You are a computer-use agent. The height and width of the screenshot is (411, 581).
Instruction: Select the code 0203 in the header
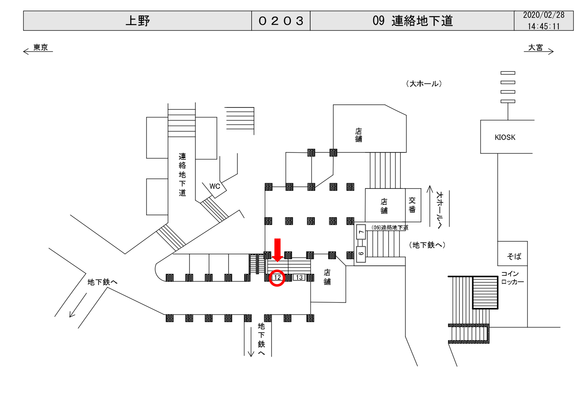[281, 21]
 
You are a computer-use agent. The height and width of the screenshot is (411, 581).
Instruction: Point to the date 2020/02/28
[544, 15]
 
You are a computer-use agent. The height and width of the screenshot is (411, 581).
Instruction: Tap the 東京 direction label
[40, 47]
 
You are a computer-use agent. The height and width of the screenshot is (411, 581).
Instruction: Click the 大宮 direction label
[535, 47]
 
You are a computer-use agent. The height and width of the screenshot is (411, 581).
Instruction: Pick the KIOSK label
[505, 137]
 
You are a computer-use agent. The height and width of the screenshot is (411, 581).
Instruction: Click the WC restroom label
[215, 186]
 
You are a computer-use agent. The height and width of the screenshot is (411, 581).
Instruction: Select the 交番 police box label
[412, 205]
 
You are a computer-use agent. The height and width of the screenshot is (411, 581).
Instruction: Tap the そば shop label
[514, 256]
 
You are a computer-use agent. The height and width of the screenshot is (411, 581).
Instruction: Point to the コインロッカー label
[512, 278]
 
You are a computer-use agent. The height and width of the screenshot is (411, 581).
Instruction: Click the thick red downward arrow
[278, 250]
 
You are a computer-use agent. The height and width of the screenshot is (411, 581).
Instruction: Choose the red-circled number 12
[277, 278]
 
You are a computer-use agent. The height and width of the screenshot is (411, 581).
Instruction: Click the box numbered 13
[299, 278]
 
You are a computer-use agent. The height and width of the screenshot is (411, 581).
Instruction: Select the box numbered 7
[361, 232]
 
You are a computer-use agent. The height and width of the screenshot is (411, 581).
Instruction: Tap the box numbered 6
[361, 254]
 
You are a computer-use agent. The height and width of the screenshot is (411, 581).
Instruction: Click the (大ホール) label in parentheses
[424, 84]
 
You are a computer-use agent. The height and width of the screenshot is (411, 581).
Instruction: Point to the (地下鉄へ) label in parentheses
[427, 245]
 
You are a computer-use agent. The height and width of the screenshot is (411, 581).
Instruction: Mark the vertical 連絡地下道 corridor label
[182, 175]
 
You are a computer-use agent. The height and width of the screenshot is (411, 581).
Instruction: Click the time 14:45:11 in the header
[544, 26]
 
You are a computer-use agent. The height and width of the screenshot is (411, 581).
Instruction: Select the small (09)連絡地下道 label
[390, 228]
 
